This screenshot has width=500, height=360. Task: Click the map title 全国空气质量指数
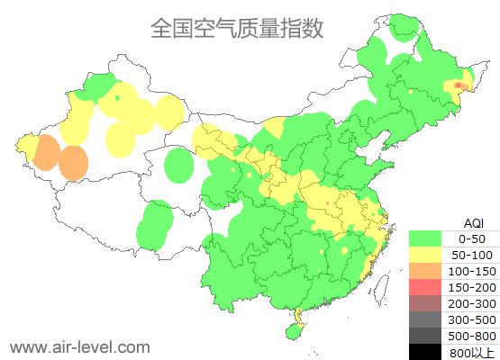tap(237, 27)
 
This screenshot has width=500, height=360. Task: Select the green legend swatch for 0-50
tap(429, 238)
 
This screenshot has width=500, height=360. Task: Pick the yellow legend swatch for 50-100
tap(429, 255)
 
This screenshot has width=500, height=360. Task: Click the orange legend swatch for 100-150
tap(429, 271)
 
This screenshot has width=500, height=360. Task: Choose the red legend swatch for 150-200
tap(429, 287)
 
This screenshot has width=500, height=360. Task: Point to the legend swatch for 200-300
tap(429, 303)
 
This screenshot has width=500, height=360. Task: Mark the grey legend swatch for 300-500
tap(429, 319)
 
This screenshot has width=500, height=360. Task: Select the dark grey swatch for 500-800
tap(429, 336)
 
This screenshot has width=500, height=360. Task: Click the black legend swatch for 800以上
tap(429, 351)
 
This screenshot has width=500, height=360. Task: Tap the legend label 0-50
tap(472, 238)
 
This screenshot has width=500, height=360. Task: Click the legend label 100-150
tap(472, 271)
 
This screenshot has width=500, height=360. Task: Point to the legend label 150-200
tap(472, 287)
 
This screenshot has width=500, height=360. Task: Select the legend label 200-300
tap(472, 303)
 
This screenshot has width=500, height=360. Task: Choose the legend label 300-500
tap(472, 319)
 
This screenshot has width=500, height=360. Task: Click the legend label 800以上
tap(472, 352)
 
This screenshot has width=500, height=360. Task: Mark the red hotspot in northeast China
tap(459, 85)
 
